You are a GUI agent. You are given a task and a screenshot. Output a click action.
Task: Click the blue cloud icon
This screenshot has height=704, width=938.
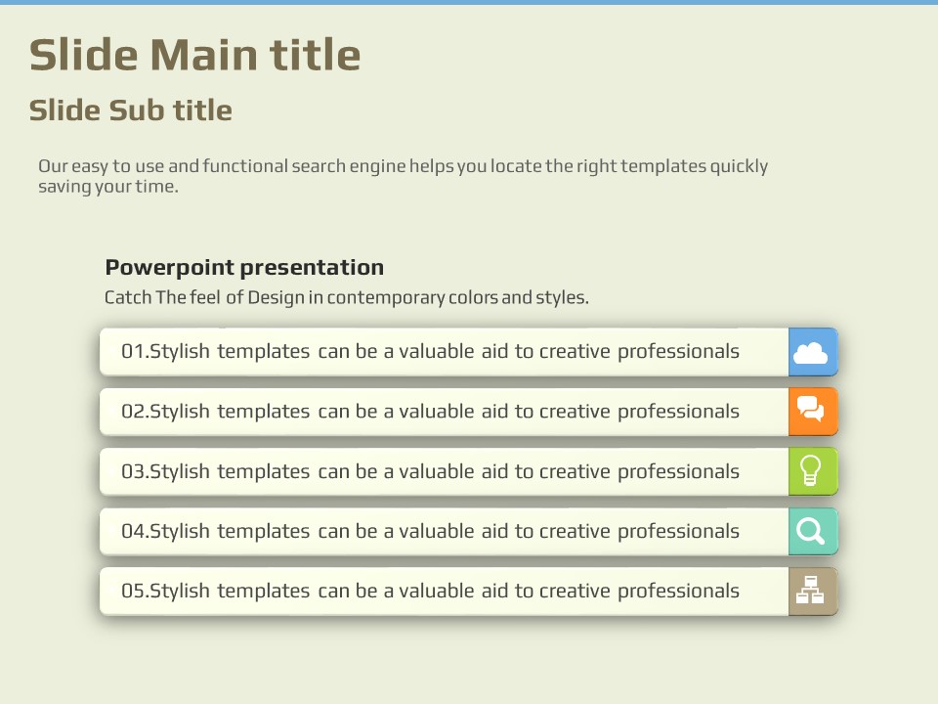[x=810, y=353]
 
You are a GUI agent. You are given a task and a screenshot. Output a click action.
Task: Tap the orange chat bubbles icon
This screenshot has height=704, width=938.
[x=811, y=410]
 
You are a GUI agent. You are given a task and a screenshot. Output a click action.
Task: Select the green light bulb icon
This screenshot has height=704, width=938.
[x=811, y=470]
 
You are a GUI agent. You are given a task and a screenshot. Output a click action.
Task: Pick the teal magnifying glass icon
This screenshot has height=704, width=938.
[x=810, y=531]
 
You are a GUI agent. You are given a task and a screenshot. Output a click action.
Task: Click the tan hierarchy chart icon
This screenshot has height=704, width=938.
[x=810, y=590]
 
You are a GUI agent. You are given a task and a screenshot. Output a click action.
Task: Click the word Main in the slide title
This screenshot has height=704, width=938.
[x=203, y=55]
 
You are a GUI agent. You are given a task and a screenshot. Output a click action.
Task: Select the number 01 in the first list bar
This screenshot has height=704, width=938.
[x=133, y=351]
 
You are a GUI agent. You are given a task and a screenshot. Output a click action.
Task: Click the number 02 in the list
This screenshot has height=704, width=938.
[x=133, y=412]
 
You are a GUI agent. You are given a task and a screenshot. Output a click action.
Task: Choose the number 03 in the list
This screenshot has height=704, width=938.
[x=133, y=471]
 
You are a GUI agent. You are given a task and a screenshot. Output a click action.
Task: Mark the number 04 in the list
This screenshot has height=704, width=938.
[x=133, y=532]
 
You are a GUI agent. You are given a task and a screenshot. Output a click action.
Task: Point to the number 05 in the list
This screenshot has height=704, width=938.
[x=133, y=591]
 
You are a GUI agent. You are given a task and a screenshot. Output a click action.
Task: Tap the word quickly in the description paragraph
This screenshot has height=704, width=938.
[x=739, y=167]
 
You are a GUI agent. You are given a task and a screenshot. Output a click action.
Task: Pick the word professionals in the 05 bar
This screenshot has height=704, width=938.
[x=678, y=592]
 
